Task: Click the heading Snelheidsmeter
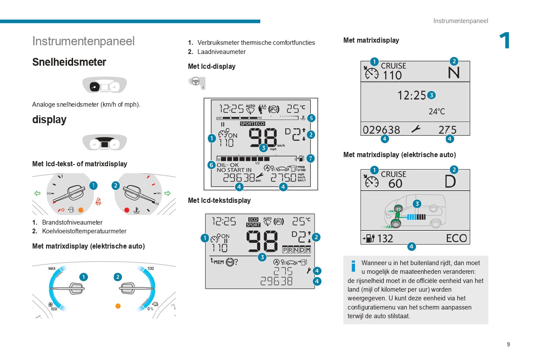click(69, 62)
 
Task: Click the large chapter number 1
click(505, 41)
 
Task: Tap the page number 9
click(508, 344)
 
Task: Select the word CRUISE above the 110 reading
click(393, 66)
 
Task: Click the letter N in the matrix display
click(453, 73)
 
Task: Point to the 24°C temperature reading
click(436, 111)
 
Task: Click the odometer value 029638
click(381, 130)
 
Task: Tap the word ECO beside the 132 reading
click(456, 238)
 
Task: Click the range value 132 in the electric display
click(385, 239)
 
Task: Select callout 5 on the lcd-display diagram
click(311, 118)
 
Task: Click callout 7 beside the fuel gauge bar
click(310, 158)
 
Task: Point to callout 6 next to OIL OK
click(211, 165)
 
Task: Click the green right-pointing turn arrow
click(168, 193)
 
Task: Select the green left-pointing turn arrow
click(37, 193)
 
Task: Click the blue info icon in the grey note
click(353, 266)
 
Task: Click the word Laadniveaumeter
click(221, 52)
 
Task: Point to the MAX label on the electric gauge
click(52, 269)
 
